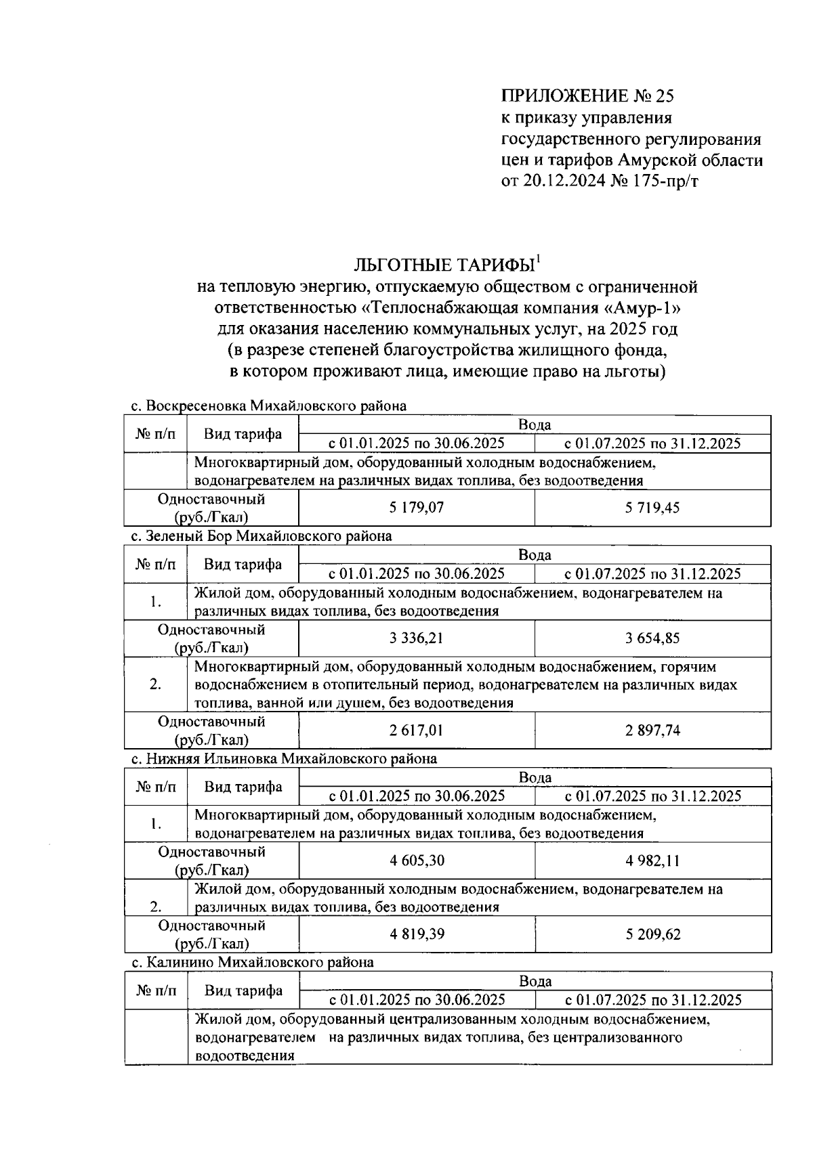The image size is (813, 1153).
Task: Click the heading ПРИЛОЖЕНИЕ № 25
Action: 587,96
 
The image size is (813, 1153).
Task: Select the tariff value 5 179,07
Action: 417,508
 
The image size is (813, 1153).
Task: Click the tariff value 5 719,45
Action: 652,508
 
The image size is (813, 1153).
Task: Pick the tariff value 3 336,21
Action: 417,638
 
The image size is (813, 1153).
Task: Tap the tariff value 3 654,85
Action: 652,638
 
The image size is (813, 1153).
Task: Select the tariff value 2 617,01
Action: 417,730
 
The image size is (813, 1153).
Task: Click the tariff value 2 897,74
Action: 652,730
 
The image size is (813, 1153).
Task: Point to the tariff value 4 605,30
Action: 417,861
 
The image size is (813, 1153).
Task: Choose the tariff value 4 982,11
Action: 652,861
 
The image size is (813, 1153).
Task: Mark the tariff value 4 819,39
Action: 417,934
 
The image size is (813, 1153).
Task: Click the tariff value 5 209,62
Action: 652,934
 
